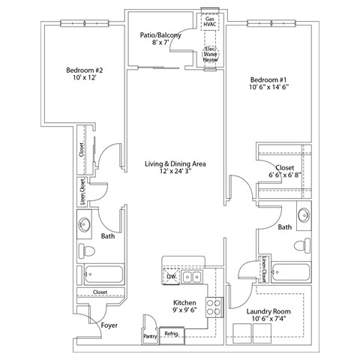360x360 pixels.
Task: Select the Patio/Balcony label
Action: click(158, 35)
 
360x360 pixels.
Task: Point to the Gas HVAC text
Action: click(211, 22)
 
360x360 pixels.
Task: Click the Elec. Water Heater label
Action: click(211, 54)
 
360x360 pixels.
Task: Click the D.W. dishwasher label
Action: click(172, 277)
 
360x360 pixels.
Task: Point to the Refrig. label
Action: click(171, 333)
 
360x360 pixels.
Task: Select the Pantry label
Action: click(149, 337)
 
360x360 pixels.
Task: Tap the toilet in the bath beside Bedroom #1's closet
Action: click(302, 245)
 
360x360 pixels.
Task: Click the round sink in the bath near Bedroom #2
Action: click(85, 223)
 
